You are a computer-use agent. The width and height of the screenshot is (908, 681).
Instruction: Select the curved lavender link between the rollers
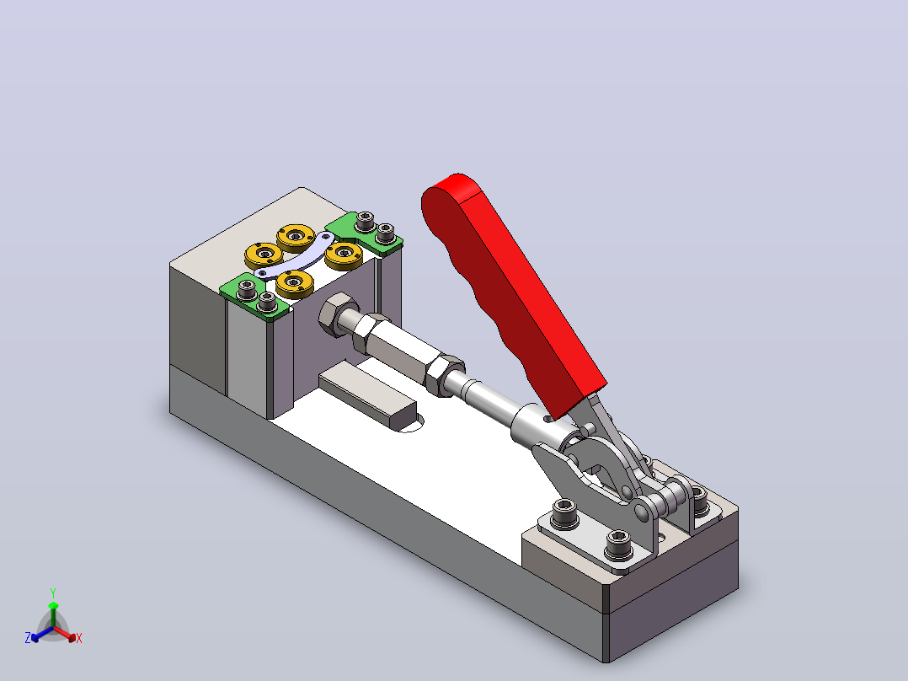coord(296,255)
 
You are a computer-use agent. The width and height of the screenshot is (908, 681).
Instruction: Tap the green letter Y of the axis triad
coord(53,593)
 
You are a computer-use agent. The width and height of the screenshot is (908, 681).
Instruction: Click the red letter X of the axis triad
coord(79,638)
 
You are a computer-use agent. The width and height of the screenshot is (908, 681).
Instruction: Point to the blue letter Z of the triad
coord(28,638)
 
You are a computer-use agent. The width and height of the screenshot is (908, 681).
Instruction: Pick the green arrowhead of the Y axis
coord(53,606)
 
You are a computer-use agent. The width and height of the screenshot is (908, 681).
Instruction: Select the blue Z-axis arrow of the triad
coord(42,634)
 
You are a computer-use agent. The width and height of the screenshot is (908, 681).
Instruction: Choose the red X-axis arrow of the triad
coord(64,633)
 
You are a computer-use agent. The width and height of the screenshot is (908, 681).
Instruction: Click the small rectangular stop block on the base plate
coord(368,396)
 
